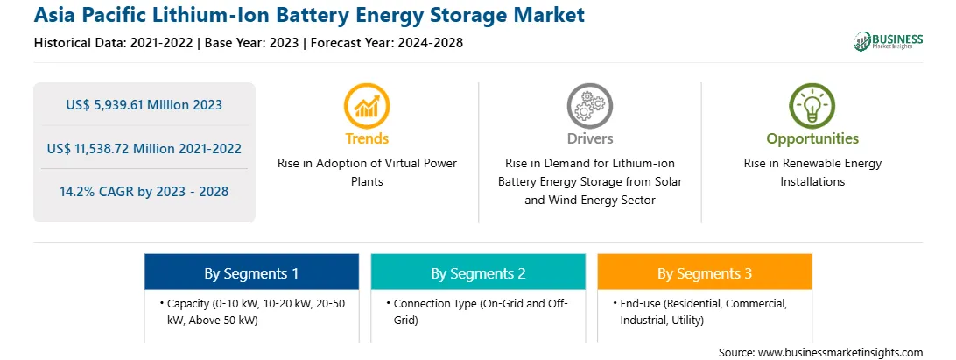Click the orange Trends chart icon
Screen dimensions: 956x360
pos(367,106)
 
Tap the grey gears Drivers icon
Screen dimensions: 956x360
pos(589,106)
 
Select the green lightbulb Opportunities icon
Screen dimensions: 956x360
pos(812,106)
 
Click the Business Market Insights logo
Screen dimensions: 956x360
pos(889,41)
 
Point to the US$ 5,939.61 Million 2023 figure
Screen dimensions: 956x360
pos(144,105)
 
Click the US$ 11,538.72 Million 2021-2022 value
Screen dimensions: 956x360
pos(144,148)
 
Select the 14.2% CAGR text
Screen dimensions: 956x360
pos(144,192)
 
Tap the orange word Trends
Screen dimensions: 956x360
pos(367,138)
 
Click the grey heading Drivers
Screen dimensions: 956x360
pos(590,138)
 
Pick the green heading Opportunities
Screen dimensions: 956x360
pos(812,138)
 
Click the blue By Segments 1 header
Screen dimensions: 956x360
pos(252,273)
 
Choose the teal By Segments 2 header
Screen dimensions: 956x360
pos(478,273)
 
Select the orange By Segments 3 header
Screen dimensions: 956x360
pos(705,273)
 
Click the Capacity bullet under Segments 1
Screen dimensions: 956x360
pos(252,312)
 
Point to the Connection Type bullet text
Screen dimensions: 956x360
pos(477,312)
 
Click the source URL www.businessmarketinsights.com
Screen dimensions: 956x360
pos(840,353)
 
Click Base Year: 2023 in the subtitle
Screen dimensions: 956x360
pos(251,43)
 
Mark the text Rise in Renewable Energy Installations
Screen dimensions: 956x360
pos(812,173)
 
